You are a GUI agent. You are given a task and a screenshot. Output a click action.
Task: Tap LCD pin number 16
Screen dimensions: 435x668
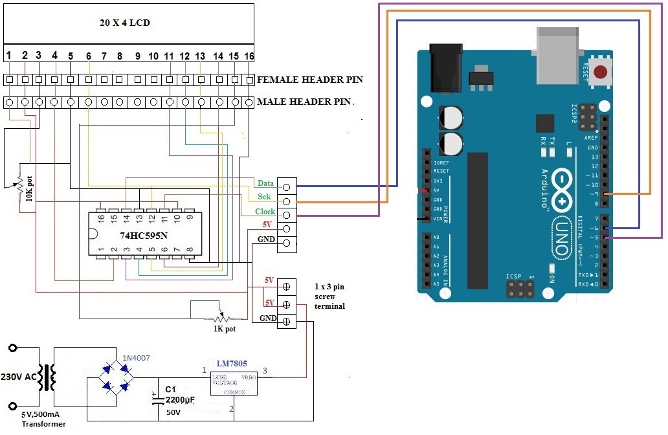pyautogui.click(x=249, y=56)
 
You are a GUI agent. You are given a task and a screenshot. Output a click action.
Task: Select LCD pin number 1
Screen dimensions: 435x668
pyautogui.click(x=9, y=56)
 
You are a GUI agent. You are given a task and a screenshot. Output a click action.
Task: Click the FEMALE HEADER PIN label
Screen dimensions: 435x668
pyautogui.click(x=309, y=80)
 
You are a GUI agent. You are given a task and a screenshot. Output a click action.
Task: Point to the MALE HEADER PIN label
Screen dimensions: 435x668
pyautogui.click(x=304, y=102)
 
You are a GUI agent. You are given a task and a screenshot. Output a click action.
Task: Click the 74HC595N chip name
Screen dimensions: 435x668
pyautogui.click(x=143, y=236)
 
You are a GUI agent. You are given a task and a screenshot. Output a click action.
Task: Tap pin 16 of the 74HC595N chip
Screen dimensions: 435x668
pyautogui.click(x=101, y=217)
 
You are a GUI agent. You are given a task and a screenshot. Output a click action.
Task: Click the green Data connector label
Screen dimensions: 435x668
pyautogui.click(x=265, y=184)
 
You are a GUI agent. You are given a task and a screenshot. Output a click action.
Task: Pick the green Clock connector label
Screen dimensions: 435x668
pyautogui.click(x=265, y=212)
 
